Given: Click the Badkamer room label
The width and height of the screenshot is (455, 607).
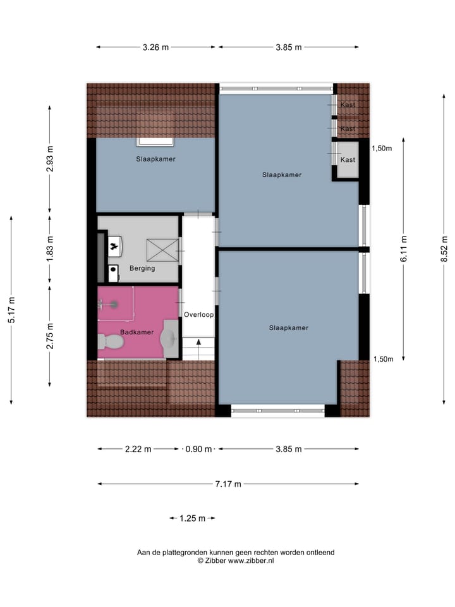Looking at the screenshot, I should click(x=136, y=332).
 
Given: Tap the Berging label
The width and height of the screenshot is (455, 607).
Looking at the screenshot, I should click(x=142, y=268).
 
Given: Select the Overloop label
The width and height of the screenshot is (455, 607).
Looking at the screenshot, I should click(x=199, y=314).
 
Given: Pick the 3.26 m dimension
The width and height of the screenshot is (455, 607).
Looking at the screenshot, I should click(x=155, y=47).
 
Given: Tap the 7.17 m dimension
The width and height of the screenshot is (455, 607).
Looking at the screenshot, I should click(x=228, y=484).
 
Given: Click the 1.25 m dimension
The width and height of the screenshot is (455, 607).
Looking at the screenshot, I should click(x=193, y=518).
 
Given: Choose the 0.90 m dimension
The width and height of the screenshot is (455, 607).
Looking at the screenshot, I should click(x=199, y=450).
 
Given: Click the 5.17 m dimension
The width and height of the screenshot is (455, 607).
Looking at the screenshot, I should click(x=11, y=310).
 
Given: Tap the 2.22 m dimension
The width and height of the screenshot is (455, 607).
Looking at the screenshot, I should click(x=138, y=450).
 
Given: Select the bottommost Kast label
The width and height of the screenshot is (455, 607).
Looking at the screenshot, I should click(x=348, y=160).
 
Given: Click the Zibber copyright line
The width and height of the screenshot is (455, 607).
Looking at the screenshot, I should click(x=236, y=560).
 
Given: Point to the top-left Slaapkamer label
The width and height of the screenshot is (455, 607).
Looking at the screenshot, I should click(x=155, y=159).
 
